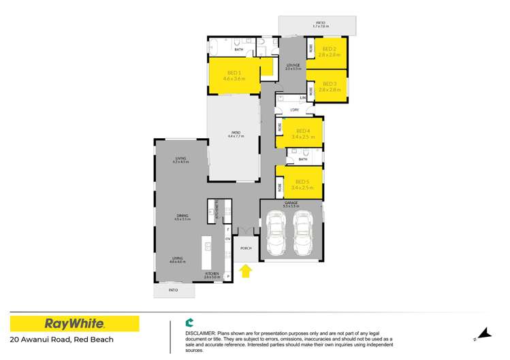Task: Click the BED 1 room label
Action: coord(234,72)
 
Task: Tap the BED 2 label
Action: coord(330,49)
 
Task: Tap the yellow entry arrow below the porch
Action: coord(246,272)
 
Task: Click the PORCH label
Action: coord(246,248)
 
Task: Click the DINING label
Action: coord(182,216)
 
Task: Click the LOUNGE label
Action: coord(293,65)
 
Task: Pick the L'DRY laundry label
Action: coord(294,110)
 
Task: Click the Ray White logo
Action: coord(74,323)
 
